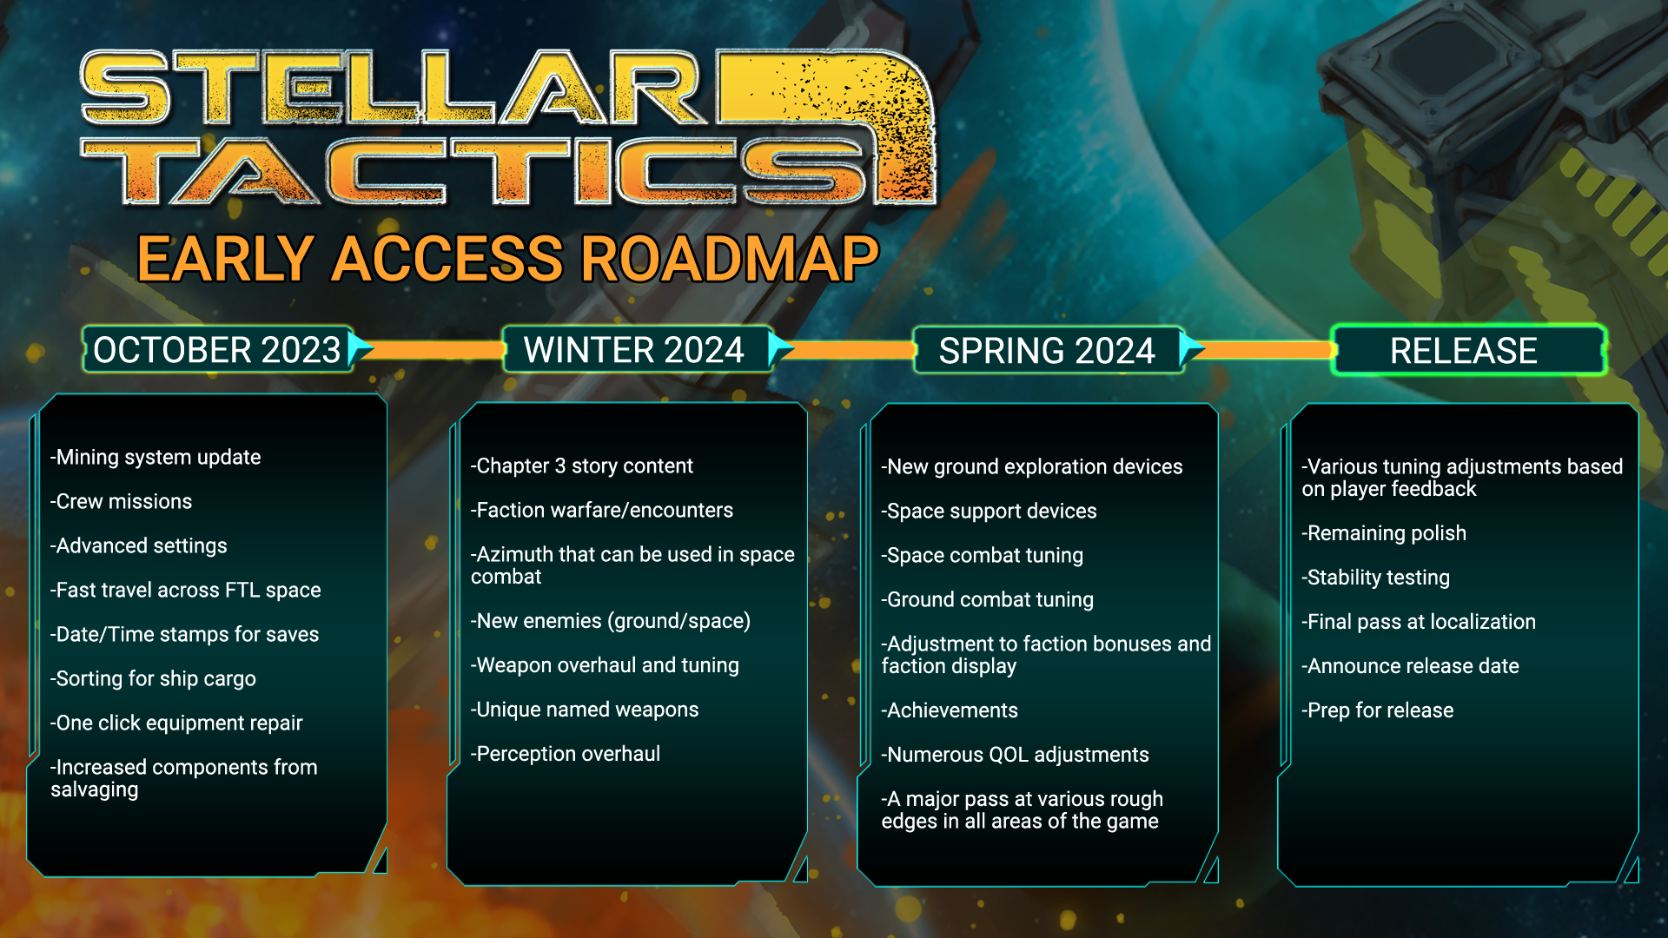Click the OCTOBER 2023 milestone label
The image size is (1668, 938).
tap(217, 350)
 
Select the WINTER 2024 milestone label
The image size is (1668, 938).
tap(633, 350)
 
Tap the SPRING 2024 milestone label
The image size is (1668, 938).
tap(1047, 351)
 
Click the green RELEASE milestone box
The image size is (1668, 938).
tap(1468, 350)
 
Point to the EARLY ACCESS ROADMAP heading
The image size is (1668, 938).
tap(508, 259)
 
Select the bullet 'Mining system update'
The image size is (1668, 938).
tap(156, 458)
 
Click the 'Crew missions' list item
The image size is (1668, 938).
tap(122, 501)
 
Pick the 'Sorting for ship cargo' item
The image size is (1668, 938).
tap(153, 679)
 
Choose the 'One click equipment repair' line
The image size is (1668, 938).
tap(176, 723)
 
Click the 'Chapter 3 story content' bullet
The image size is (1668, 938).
tap(582, 466)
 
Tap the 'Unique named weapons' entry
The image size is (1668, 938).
tap(585, 710)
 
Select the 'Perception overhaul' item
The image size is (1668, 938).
tap(566, 754)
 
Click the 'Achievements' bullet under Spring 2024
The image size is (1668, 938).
tap(950, 710)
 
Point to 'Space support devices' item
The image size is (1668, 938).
tap(989, 512)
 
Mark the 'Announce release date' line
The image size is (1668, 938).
tap(1410, 666)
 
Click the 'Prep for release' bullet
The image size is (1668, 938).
tap(1377, 710)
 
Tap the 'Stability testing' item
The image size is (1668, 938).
tap(1375, 578)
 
